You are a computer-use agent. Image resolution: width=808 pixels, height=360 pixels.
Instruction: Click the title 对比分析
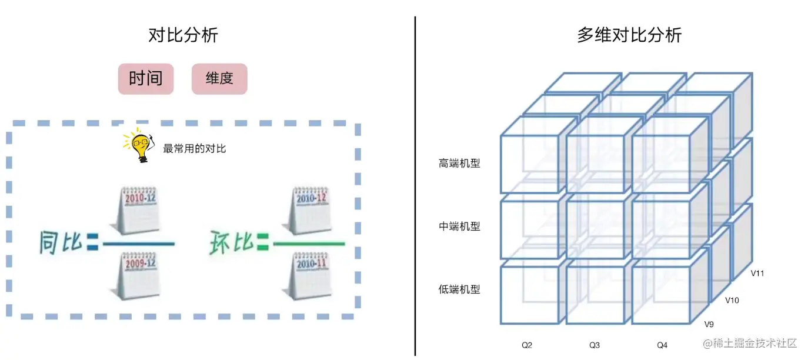click(x=183, y=35)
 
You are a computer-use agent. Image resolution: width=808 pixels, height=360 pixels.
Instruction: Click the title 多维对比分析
click(x=629, y=35)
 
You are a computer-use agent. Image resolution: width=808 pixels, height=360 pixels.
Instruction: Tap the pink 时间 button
click(x=146, y=79)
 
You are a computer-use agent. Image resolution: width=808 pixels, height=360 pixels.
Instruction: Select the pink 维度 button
click(x=219, y=79)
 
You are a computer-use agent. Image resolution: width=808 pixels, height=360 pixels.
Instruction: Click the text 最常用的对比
click(x=195, y=149)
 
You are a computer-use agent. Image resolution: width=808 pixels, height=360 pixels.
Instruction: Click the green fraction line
click(x=309, y=244)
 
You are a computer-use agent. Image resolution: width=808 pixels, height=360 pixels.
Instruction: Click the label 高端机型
click(x=459, y=164)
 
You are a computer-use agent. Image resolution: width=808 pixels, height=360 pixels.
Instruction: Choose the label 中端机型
click(x=459, y=226)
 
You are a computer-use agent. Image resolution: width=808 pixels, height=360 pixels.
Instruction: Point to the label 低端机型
click(x=459, y=289)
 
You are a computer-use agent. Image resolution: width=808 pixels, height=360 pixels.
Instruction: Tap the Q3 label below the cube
click(x=595, y=345)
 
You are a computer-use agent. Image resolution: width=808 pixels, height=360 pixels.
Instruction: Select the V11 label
click(x=757, y=274)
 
